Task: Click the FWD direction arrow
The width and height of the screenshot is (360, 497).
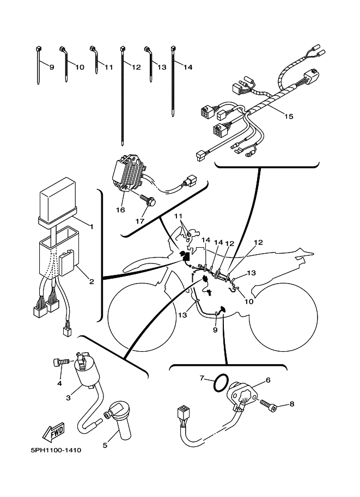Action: tap(52, 433)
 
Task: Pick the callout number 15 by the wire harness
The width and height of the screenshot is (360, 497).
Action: tap(288, 116)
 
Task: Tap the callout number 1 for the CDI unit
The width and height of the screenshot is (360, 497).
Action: tap(91, 226)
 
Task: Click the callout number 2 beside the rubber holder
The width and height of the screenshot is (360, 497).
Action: tap(91, 281)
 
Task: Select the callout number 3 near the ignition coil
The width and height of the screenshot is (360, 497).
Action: tap(69, 398)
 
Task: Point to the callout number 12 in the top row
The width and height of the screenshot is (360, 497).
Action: tap(136, 68)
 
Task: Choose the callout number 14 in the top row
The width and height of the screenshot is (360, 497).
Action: tap(188, 68)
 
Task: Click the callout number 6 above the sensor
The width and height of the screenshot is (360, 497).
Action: tap(267, 380)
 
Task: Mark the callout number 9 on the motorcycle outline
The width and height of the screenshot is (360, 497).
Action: tap(215, 329)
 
